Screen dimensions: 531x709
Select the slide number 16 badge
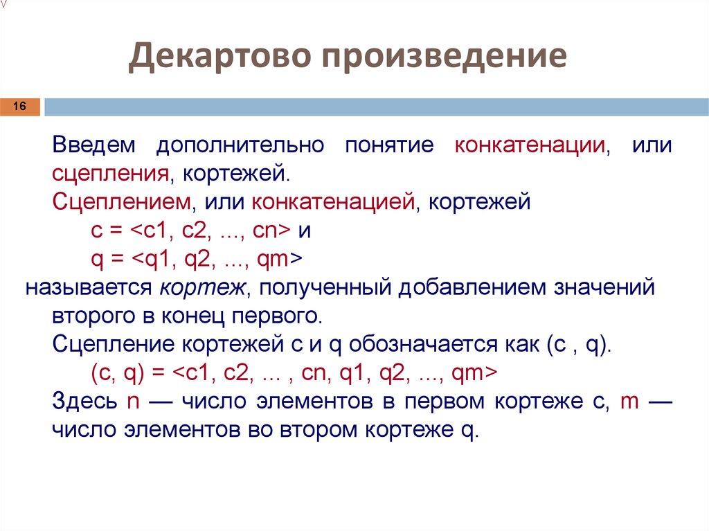tap(19, 107)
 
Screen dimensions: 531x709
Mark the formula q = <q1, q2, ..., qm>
tap(197, 259)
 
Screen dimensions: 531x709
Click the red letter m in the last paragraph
tap(629, 401)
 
